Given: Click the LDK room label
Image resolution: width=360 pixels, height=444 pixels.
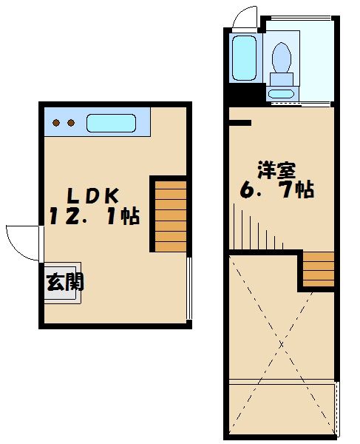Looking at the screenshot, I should (93, 196).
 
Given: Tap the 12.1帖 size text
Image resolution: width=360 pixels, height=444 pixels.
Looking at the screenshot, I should (95, 217).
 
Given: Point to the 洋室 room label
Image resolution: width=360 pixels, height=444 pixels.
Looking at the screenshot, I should (277, 170).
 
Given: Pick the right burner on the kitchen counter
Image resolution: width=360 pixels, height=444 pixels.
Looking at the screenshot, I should (71, 122).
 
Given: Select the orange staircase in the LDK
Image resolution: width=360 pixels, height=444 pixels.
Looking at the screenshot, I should (169, 214).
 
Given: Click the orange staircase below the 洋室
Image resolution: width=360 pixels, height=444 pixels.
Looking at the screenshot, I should (319, 269).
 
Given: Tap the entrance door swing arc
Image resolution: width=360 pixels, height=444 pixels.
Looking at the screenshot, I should (22, 241).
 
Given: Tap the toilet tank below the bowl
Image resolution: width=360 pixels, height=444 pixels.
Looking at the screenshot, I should (282, 79).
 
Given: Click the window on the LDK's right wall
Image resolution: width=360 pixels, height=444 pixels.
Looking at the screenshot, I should (189, 289).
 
